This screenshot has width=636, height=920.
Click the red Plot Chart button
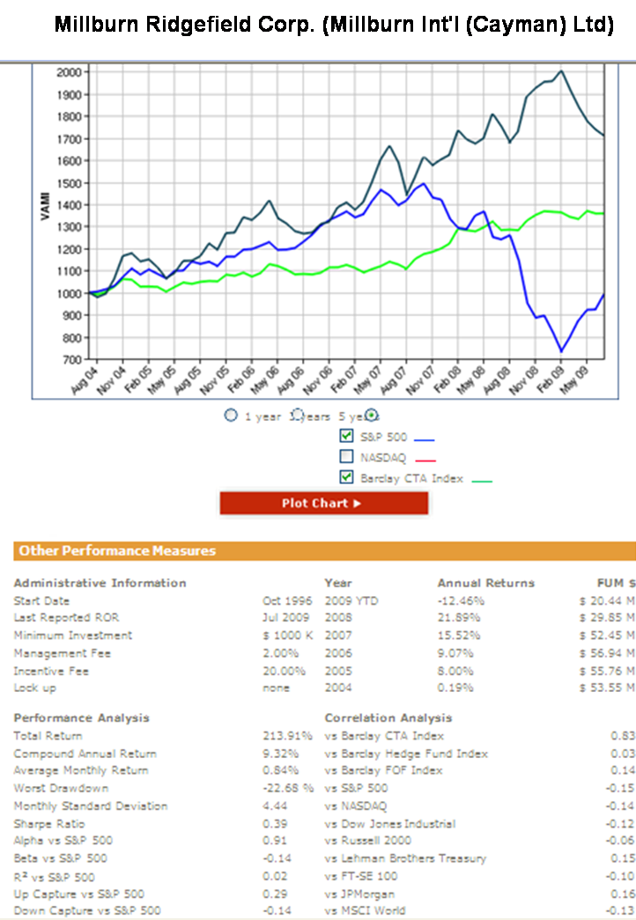[323, 504]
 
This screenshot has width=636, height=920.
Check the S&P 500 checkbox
[346, 436]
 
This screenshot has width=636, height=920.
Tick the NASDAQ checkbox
[346, 456]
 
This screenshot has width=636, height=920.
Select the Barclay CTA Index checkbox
[346, 477]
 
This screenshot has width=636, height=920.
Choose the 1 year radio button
[231, 416]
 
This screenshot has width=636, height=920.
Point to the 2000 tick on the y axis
[66, 72]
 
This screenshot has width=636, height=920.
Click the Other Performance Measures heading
[117, 551]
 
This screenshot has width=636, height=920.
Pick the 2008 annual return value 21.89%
[460, 618]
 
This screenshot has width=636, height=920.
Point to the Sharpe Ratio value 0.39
[275, 824]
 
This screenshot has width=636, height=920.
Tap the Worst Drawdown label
[61, 788]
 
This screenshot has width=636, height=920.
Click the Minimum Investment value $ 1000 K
[283, 636]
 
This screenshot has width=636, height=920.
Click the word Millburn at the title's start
[90, 25]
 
